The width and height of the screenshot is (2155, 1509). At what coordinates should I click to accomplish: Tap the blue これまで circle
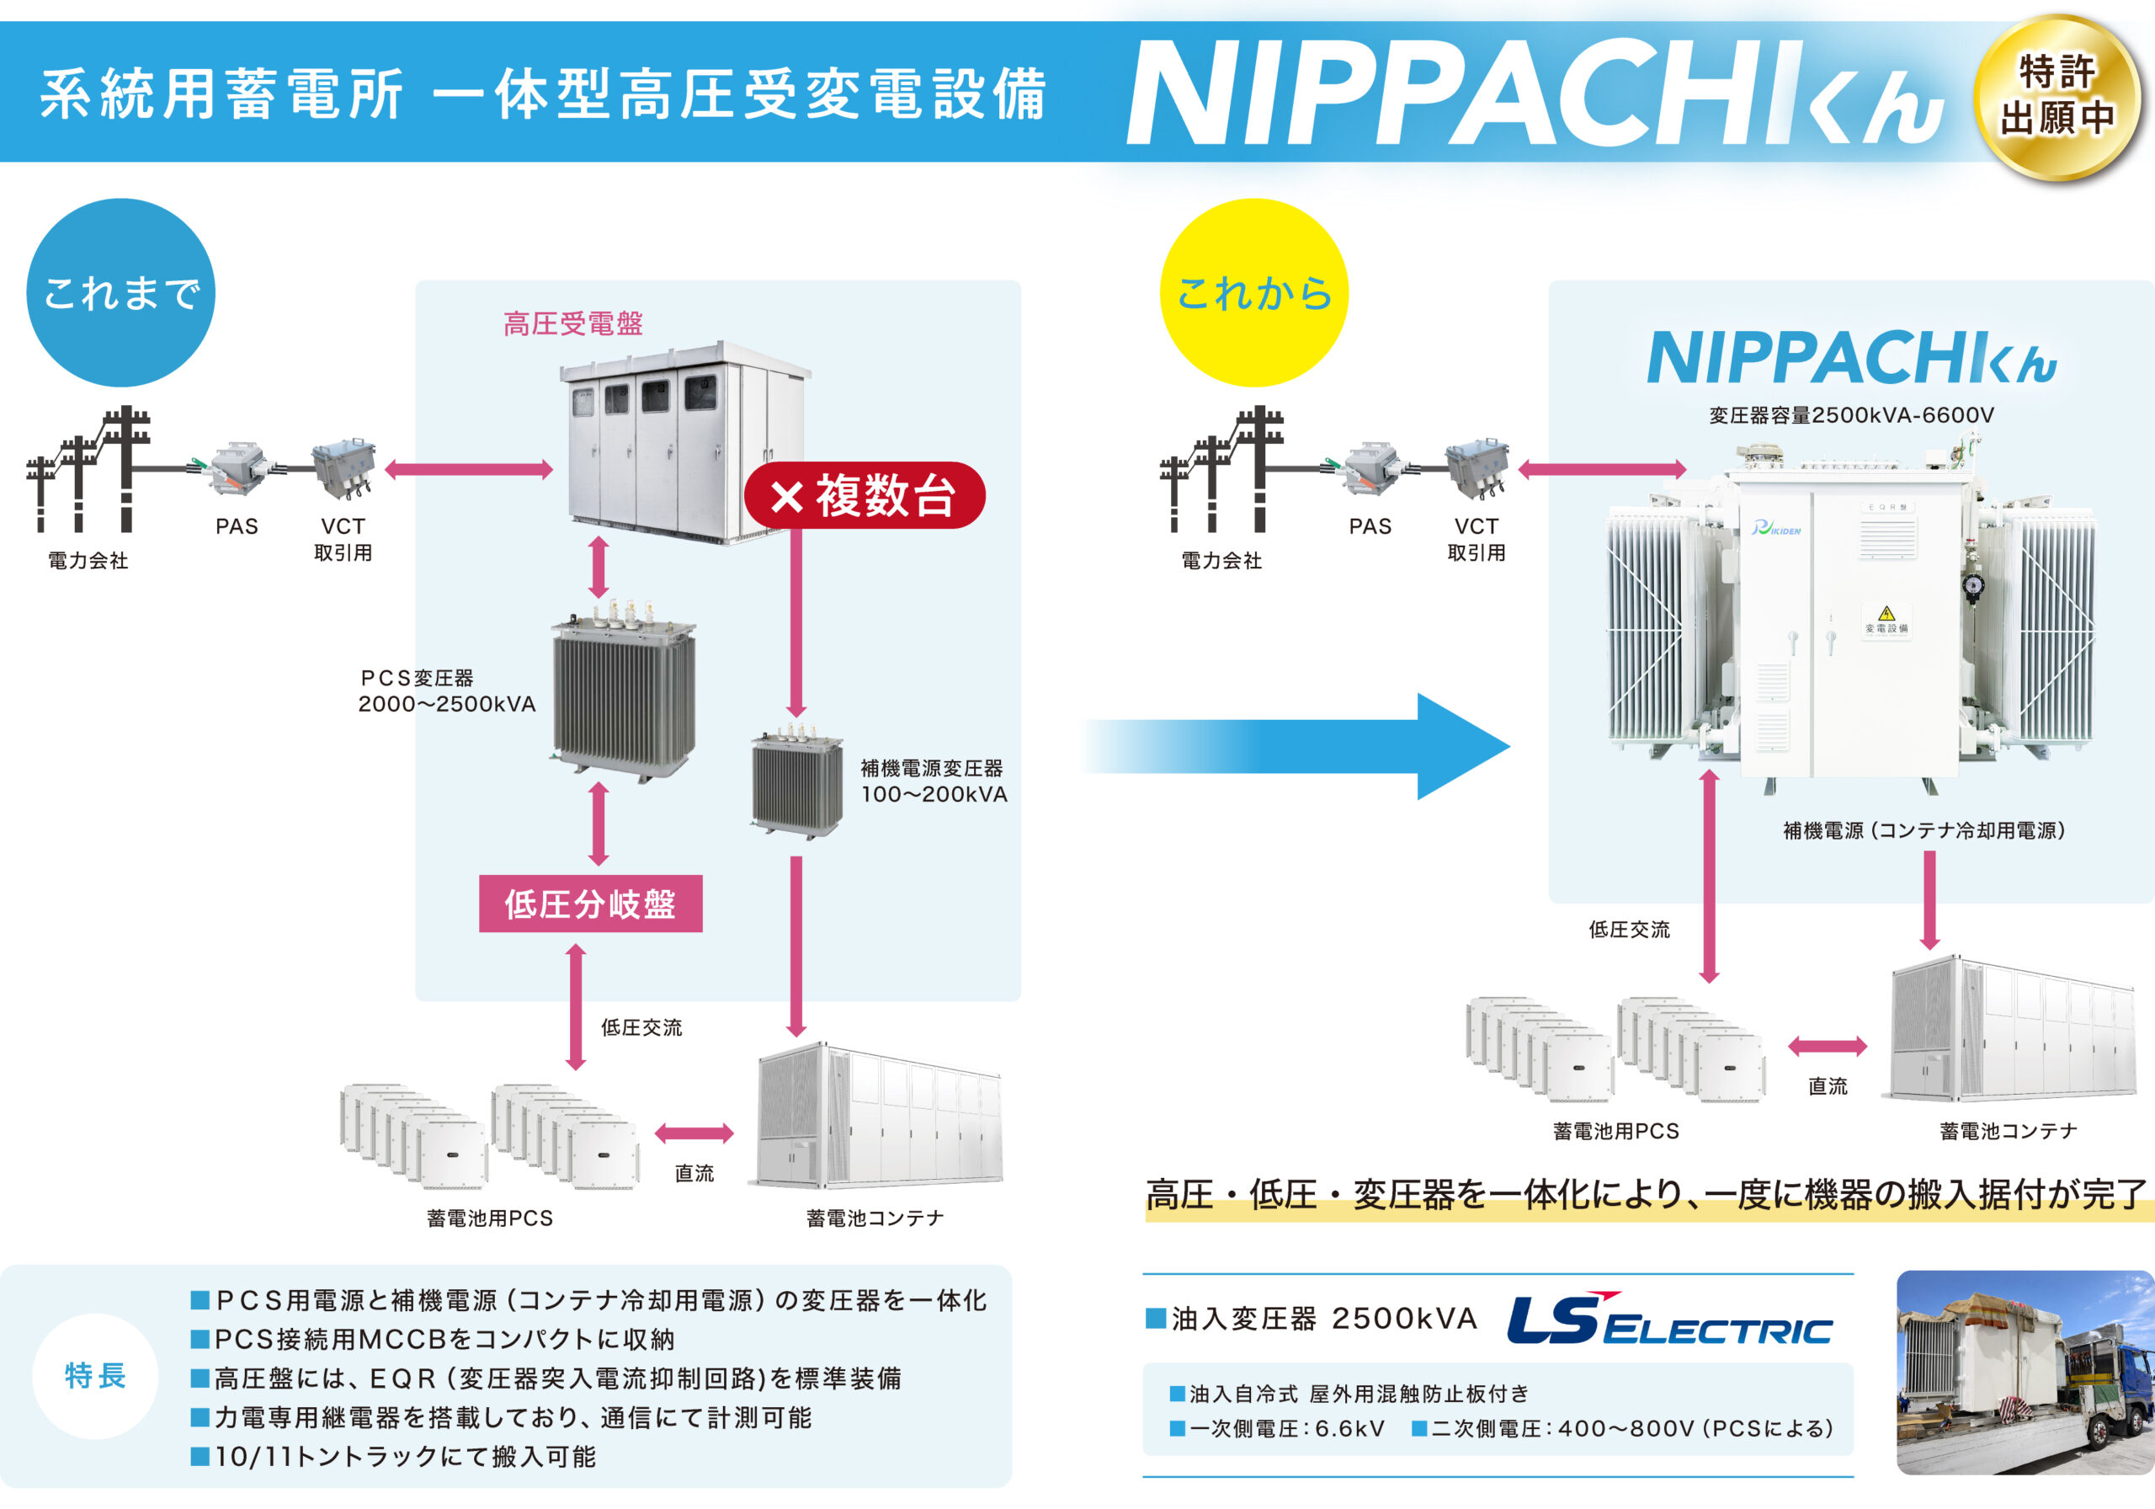click(x=121, y=292)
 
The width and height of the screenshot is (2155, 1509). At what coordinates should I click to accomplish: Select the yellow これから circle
click(x=1254, y=292)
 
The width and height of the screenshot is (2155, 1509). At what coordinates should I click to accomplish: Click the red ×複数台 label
click(x=864, y=495)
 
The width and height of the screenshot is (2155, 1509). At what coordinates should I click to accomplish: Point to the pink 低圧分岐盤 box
click(x=590, y=904)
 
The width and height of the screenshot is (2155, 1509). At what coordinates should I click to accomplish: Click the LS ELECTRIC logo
click(x=1668, y=1320)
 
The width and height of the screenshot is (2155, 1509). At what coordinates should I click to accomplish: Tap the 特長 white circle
click(x=95, y=1376)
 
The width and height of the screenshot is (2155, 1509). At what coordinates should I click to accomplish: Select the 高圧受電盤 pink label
click(x=572, y=324)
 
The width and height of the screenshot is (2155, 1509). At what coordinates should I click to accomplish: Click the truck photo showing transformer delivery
click(x=2025, y=1372)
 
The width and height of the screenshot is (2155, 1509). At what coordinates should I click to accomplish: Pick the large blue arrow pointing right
click(x=1314, y=747)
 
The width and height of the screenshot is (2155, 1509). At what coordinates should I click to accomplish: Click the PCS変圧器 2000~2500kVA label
click(x=446, y=691)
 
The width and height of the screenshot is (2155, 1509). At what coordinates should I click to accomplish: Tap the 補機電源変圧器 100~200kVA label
click(x=934, y=781)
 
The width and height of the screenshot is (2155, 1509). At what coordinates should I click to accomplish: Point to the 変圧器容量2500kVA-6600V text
click(x=1851, y=415)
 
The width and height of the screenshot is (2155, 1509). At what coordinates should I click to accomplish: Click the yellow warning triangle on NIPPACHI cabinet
click(x=1886, y=613)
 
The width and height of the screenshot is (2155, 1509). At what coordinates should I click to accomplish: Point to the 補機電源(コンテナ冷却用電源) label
click(x=1924, y=830)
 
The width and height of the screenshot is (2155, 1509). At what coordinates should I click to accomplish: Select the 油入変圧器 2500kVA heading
click(x=1312, y=1319)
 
